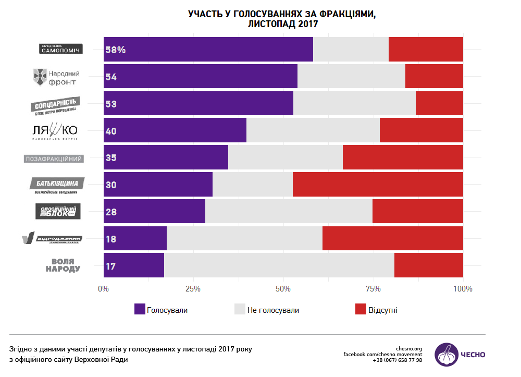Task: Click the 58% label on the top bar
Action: [x=115, y=50]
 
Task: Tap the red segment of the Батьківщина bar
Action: [x=378, y=185]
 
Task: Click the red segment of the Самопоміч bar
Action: [x=426, y=50]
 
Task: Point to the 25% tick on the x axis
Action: [x=193, y=289]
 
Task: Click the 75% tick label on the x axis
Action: [x=374, y=289]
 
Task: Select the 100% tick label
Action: [x=463, y=289]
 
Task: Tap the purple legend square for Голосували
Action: [x=140, y=310]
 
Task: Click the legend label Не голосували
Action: [x=273, y=310]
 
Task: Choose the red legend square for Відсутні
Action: [x=361, y=310]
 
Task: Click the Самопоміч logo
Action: [x=61, y=49]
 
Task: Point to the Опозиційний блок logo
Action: [x=58, y=212]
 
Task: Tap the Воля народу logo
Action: [x=63, y=265]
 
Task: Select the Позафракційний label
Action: [x=54, y=159]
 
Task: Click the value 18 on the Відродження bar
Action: [x=110, y=239]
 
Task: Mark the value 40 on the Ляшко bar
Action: [x=110, y=131]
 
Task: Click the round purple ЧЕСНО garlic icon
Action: [x=446, y=355]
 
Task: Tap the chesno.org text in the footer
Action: [x=409, y=348]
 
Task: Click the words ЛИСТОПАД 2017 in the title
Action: [x=282, y=24]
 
